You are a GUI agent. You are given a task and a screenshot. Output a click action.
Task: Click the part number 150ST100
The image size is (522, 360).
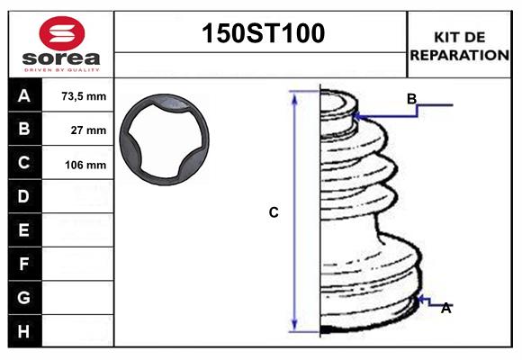tap(261, 34)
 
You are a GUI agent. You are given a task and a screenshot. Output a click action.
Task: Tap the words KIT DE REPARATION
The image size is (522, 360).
tap(460, 45)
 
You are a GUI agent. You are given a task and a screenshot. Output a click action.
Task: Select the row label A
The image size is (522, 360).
tap(25, 96)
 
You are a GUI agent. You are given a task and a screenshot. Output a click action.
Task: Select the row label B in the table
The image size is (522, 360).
tap(25, 130)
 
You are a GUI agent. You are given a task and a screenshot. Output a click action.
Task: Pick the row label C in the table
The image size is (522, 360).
tap(25, 163)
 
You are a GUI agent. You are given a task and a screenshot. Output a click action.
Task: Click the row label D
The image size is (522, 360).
tap(25, 196)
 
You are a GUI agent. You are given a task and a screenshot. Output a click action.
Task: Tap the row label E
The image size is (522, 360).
tap(25, 230)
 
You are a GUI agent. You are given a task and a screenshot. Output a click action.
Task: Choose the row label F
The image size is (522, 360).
tap(25, 264)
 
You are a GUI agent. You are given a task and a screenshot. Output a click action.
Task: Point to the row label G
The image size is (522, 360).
tap(25, 297)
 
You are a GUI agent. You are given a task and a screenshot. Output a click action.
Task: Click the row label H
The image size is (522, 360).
tap(25, 331)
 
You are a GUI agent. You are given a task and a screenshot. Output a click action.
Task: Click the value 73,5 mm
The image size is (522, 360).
tap(83, 96)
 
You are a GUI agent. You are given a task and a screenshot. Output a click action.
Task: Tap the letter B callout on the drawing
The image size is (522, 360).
tap(411, 99)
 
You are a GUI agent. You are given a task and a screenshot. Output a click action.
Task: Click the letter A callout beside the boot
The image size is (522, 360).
tap(445, 309)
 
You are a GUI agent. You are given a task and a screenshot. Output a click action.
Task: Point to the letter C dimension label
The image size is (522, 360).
tap(274, 213)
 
